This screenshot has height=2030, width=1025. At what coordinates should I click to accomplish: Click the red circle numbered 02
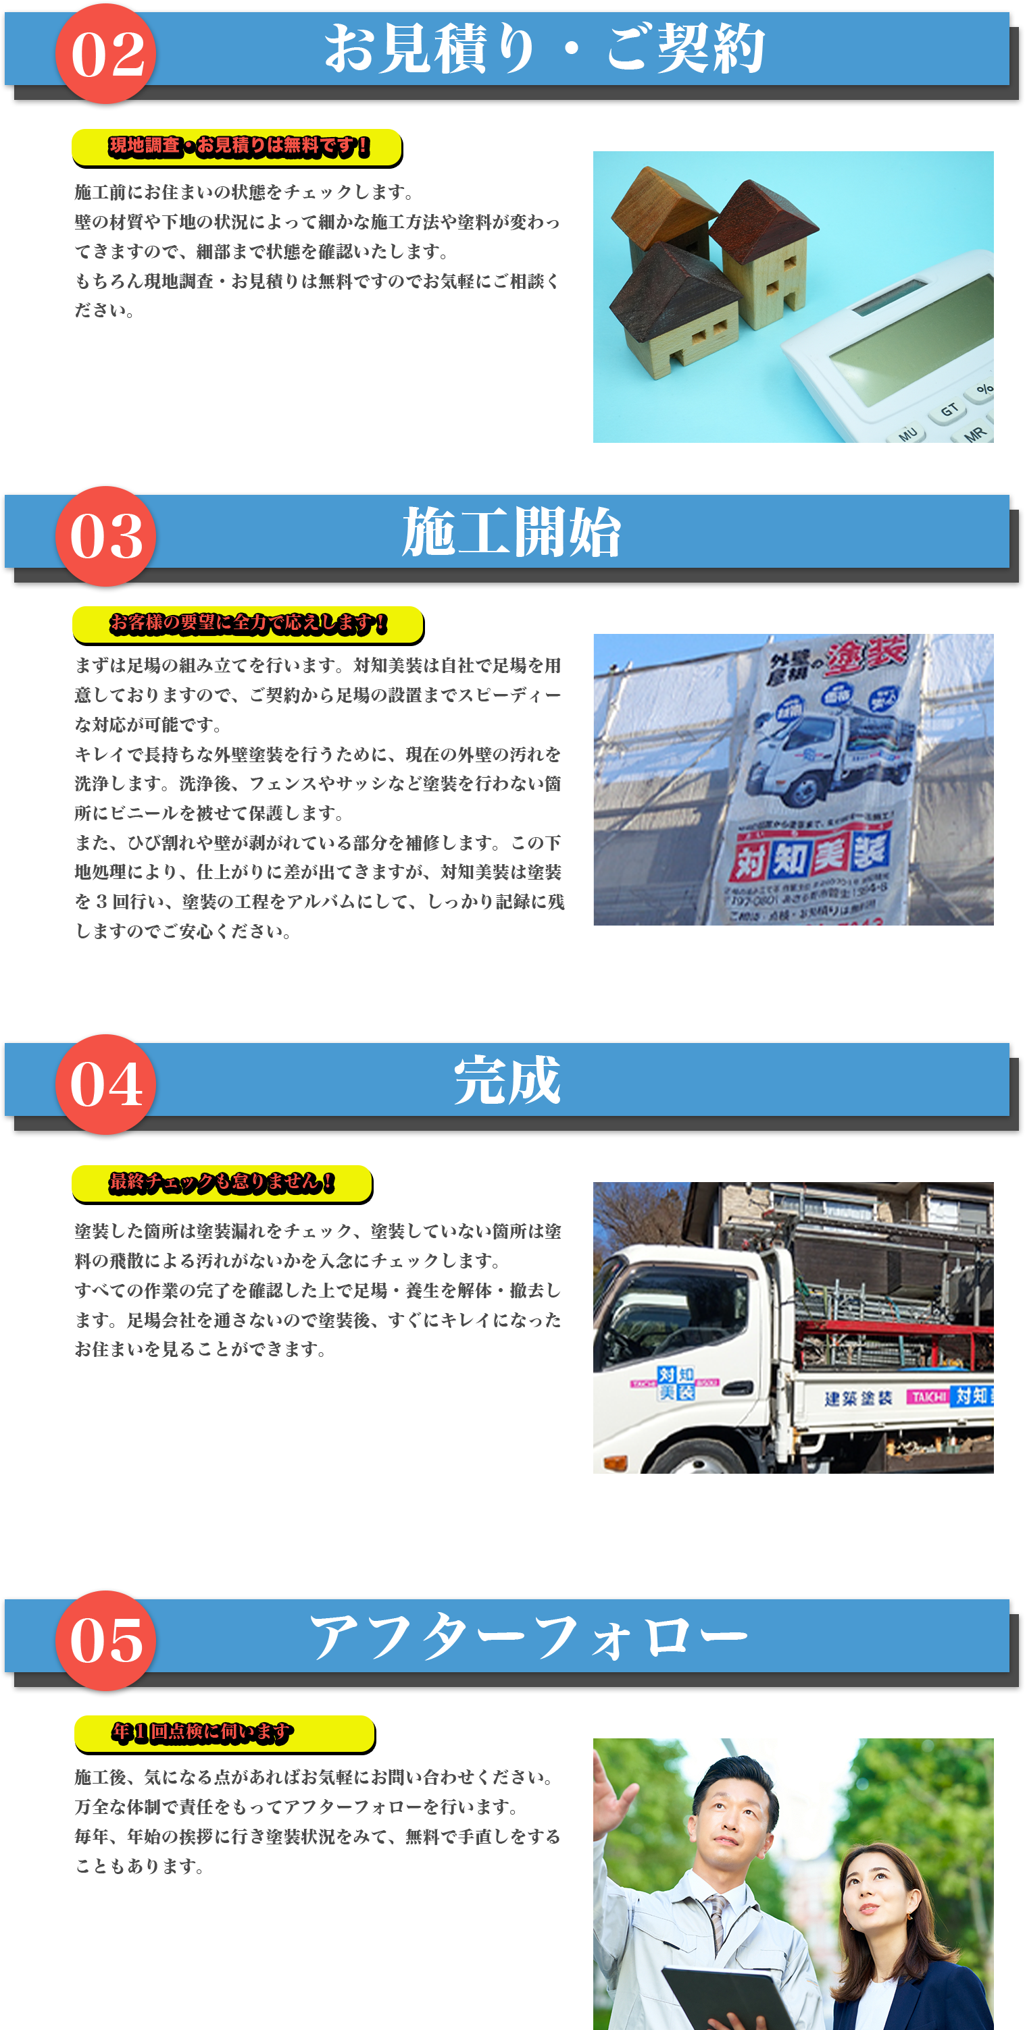[105, 53]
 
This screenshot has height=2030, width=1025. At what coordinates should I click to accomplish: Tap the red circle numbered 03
[105, 536]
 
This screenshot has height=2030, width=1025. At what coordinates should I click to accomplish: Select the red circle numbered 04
[105, 1084]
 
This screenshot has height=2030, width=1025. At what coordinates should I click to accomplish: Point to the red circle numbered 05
[105, 1640]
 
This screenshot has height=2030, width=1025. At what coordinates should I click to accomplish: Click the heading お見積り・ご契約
[544, 49]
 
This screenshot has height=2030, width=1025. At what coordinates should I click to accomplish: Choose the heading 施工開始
[511, 532]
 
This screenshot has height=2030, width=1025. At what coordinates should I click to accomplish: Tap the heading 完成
[507, 1080]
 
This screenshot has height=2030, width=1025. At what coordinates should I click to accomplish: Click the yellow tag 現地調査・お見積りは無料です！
[237, 146]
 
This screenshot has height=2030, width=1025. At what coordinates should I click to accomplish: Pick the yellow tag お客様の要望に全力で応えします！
[247, 623]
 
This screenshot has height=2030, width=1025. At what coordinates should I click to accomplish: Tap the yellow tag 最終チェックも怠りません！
[222, 1182]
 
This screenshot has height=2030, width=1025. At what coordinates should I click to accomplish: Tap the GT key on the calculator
[949, 410]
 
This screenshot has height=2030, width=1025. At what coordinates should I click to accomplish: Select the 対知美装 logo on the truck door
[676, 1383]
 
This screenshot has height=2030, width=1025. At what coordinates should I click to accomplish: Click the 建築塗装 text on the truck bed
[858, 1398]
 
